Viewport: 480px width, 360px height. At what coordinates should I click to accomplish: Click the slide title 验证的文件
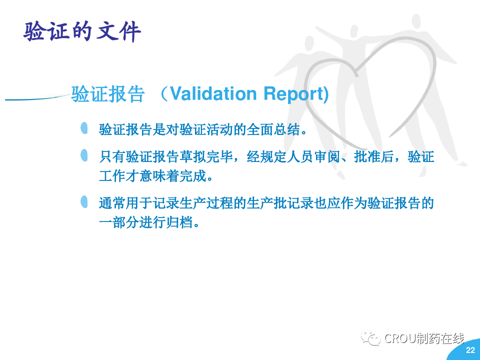[82, 31]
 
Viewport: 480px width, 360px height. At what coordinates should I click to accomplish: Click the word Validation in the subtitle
[213, 93]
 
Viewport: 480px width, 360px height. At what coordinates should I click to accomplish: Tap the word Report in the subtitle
[293, 94]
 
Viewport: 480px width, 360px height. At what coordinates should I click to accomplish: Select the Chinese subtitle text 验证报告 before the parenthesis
[108, 93]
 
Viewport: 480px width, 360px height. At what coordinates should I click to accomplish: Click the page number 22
[470, 350]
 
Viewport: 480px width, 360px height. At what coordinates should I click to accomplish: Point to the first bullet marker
[84, 128]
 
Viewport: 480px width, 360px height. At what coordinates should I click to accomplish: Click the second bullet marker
[84, 155]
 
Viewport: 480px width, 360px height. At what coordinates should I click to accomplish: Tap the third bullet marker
[84, 202]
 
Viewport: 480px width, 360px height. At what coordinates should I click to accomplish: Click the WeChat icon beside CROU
[370, 338]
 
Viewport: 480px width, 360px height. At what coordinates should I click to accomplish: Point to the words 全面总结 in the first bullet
[273, 129]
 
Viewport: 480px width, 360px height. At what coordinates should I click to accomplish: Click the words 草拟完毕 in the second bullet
[205, 156]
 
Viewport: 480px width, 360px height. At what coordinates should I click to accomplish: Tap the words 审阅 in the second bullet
[327, 156]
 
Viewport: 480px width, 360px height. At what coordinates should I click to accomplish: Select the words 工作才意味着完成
[152, 176]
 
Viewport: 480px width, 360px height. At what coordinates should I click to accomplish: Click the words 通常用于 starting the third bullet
[125, 203]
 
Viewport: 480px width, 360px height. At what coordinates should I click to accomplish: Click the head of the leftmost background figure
[309, 44]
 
